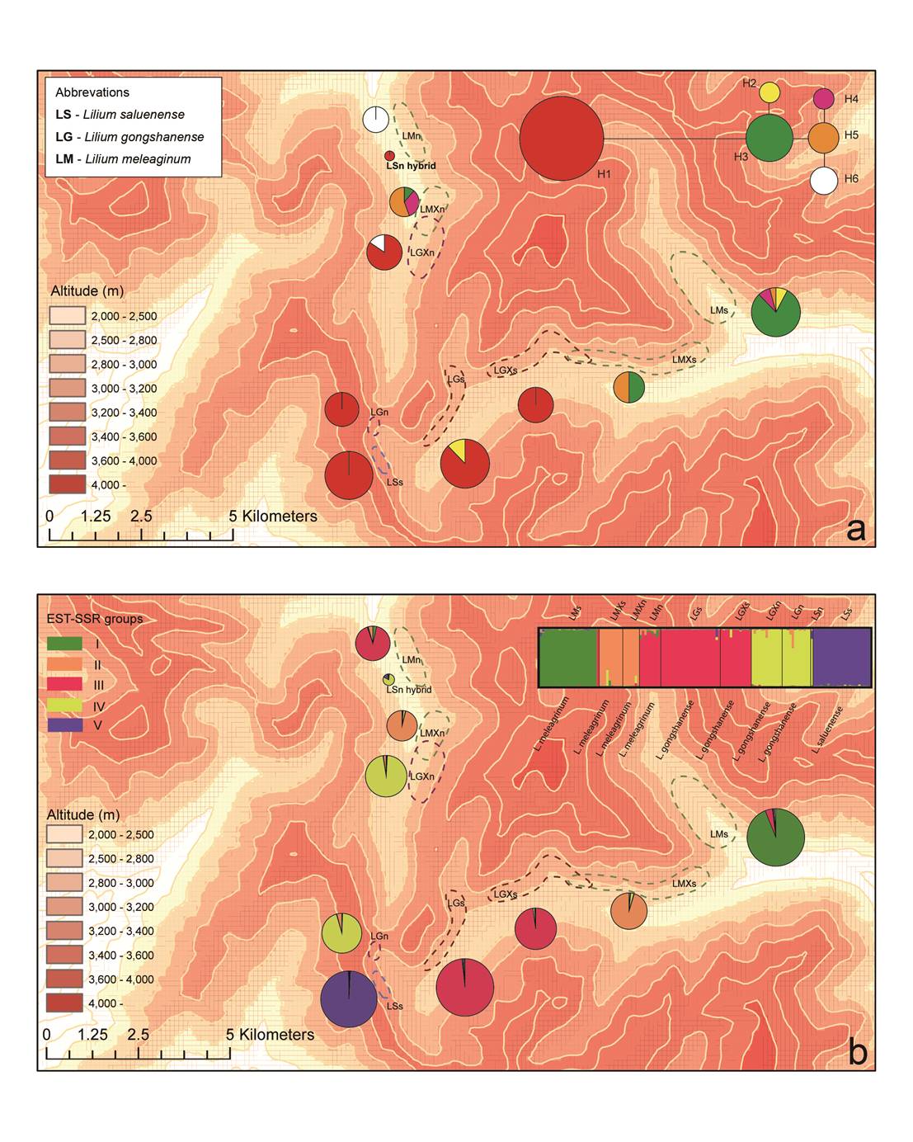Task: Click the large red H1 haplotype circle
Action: (x=562, y=138)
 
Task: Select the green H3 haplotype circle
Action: (x=770, y=138)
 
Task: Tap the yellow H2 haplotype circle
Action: (x=769, y=92)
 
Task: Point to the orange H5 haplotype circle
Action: (x=822, y=138)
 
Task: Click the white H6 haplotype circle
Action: (x=822, y=180)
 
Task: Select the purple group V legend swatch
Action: (x=64, y=726)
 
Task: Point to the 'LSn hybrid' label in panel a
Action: (x=411, y=166)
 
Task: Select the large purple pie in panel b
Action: (x=349, y=998)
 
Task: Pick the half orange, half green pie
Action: (x=628, y=387)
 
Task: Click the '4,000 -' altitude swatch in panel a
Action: (x=66, y=484)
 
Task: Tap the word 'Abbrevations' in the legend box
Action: (x=92, y=92)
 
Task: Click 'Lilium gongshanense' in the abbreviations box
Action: (x=144, y=137)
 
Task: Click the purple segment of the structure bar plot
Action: (x=841, y=657)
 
